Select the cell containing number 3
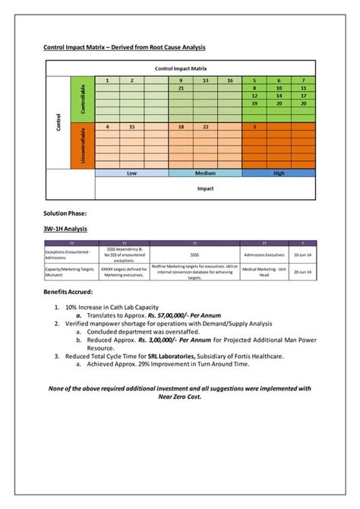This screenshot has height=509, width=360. pyautogui.click(x=254, y=127)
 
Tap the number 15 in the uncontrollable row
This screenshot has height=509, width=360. pyautogui.click(x=132, y=127)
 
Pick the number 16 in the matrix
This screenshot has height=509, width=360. pyautogui.click(x=229, y=81)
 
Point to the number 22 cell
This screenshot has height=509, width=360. pyautogui.click(x=206, y=127)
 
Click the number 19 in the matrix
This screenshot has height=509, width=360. pyautogui.click(x=254, y=103)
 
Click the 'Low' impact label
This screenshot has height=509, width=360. pyautogui.click(x=131, y=173)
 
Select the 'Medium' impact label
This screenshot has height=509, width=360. pyautogui.click(x=205, y=173)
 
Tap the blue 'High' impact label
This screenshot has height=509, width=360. pyautogui.click(x=279, y=173)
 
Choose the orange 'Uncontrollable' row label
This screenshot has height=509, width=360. pyautogui.click(x=82, y=144)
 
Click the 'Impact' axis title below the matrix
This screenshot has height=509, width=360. pyautogui.click(x=205, y=188)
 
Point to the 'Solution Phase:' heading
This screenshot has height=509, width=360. pyautogui.click(x=65, y=213)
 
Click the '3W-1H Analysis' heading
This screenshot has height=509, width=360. pyautogui.click(x=65, y=228)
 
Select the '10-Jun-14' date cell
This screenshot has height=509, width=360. pyautogui.click(x=302, y=254)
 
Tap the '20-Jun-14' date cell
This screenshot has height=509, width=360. pyautogui.click(x=302, y=272)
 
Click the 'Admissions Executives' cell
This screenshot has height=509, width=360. pyautogui.click(x=265, y=254)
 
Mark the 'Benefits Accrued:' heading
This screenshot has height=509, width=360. pyautogui.click(x=68, y=292)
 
